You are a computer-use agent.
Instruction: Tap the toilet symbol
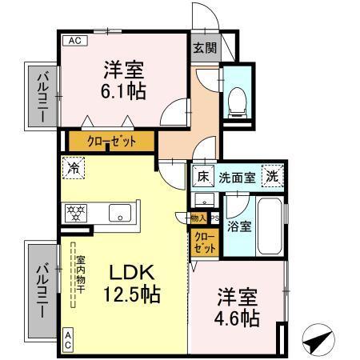(236, 99)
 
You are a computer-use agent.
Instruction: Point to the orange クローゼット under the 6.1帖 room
(112, 142)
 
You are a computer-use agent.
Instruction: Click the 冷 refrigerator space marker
(73, 169)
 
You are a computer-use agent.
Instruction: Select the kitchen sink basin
(121, 213)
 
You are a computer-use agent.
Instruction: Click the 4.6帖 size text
(238, 318)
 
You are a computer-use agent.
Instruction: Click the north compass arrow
(320, 339)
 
